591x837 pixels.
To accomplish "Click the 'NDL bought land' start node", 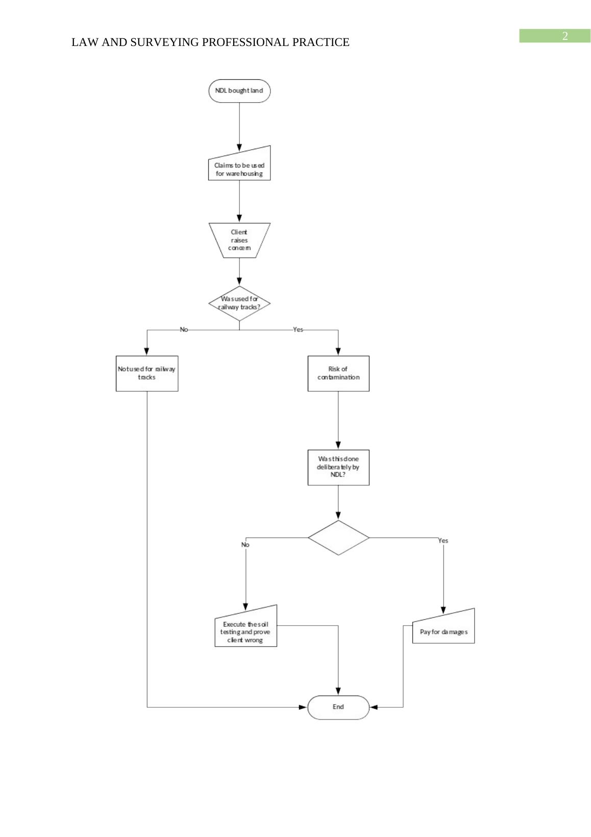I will [239, 91].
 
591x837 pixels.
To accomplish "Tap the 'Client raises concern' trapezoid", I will [239, 240].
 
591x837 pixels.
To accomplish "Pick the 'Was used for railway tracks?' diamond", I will [239, 304].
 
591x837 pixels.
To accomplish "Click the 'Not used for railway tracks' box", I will [147, 374].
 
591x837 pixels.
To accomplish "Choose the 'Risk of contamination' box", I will [338, 374].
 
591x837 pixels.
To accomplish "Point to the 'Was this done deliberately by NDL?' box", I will [338, 467].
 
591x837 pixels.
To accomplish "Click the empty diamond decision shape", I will [338, 538].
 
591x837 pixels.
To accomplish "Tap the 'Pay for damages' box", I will [443, 629].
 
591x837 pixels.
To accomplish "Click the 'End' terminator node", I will [338, 707].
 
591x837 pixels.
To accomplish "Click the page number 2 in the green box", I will [564, 36].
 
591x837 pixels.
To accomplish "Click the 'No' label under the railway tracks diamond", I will [184, 330].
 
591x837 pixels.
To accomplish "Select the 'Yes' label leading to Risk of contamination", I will [298, 330].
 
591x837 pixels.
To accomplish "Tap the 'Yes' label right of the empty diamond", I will [443, 541].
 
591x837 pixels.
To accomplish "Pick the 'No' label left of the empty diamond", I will [245, 545].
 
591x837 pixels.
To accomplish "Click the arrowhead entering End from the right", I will [374, 707].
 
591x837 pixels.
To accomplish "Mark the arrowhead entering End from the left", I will [303, 707].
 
